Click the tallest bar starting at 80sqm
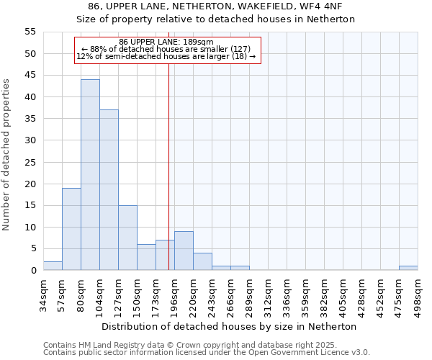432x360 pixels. (x=90, y=175)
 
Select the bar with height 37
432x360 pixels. (x=109, y=190)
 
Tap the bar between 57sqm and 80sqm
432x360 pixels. (x=71, y=229)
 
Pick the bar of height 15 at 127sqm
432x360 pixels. (x=127, y=238)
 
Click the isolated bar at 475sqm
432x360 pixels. (x=408, y=268)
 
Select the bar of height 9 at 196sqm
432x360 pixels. (x=184, y=251)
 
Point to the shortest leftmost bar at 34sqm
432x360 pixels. (x=53, y=266)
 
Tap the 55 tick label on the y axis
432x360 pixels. (x=30, y=32)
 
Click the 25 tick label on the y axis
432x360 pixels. (x=30, y=162)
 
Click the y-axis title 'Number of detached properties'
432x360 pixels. (x=7, y=155)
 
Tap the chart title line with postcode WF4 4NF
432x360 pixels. (x=215, y=6)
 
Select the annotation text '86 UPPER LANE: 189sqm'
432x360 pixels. (x=166, y=42)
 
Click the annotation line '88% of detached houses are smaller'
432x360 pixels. (x=166, y=49)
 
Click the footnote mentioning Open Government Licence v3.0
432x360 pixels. (x=207, y=353)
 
